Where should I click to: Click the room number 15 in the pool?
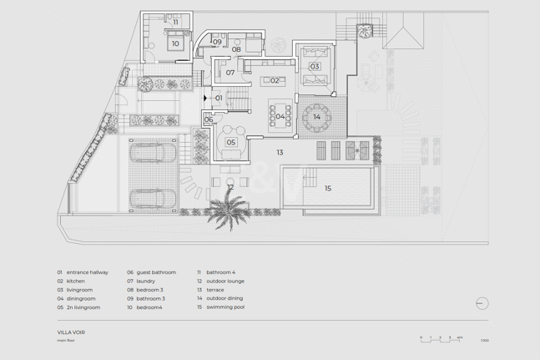point(328,189)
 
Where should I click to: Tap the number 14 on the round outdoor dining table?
point(317,118)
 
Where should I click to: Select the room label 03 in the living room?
point(315,67)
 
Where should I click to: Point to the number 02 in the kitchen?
point(275,81)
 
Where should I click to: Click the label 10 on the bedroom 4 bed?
point(175,44)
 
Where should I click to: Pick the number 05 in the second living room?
point(231,143)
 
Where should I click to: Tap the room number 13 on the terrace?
point(280,153)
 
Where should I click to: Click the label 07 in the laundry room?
point(230,73)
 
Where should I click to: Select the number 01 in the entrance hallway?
point(220,99)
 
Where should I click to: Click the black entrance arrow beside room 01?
point(205,99)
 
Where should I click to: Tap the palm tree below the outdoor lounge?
point(226,210)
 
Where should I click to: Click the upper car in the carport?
point(153,153)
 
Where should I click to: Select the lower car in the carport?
point(153,200)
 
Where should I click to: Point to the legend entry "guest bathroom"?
point(156,272)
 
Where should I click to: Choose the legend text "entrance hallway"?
point(88,272)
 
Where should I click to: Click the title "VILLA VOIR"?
point(72,332)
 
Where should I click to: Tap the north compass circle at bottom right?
point(482,303)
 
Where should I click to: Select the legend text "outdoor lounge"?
point(225,281)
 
